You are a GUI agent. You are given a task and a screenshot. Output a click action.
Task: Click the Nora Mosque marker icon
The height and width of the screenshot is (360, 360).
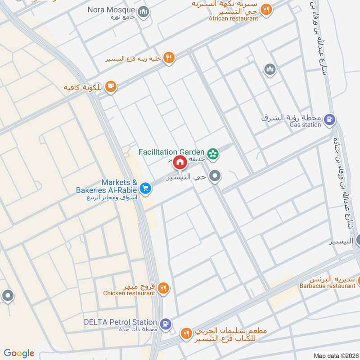[143, 11]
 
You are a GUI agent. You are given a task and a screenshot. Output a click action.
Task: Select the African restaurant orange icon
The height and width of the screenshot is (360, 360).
[266, 9]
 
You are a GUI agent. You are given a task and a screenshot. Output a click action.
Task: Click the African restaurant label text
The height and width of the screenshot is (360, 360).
[233, 18]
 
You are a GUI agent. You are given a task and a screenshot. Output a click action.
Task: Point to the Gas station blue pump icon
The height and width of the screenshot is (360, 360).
[329, 119]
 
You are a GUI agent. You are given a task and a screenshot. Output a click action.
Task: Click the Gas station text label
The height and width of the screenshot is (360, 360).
[305, 125]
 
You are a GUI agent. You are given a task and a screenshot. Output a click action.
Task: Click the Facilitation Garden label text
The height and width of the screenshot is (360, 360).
[172, 152]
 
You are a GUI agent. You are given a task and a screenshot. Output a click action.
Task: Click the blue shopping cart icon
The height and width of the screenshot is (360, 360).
[145, 188]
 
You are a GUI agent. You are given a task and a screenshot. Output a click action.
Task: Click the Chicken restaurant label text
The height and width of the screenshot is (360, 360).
[129, 293]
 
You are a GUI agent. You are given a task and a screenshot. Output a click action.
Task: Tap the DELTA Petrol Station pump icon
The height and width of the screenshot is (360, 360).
[166, 323]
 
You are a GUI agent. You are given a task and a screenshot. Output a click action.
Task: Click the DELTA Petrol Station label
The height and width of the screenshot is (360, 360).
[120, 322]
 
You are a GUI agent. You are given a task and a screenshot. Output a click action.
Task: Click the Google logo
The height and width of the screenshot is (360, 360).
[19, 353]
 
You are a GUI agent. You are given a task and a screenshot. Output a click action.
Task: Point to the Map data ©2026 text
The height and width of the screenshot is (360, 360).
[335, 355]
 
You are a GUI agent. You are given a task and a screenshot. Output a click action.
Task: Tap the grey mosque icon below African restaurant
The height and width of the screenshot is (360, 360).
[270, 69]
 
